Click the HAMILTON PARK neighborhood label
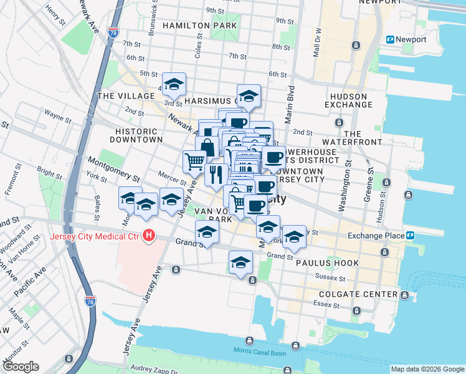(199, 26)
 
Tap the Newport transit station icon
(391, 39)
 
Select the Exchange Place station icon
(411, 236)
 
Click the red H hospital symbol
(148, 236)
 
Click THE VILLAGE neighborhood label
(126, 96)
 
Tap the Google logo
(21, 367)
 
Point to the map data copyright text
(427, 369)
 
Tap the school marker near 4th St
(174, 84)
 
